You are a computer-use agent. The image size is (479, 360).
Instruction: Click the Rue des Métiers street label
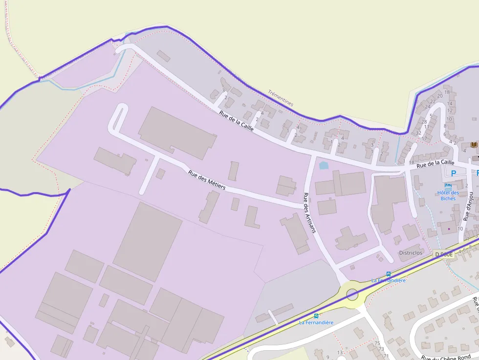[x=207, y=180]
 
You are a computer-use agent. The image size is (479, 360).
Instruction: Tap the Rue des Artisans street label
[x=309, y=212]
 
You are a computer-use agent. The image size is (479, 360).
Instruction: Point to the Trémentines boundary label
[x=281, y=98]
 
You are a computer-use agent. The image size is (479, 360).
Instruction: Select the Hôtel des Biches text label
[x=448, y=195]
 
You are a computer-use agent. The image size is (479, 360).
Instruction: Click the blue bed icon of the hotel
[x=448, y=186]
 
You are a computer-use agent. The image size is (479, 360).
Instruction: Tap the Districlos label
[x=411, y=253]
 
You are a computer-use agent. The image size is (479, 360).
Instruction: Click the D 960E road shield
[x=444, y=254]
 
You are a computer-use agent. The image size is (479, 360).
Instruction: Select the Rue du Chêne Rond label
[x=446, y=358]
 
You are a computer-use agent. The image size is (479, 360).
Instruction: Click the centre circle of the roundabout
[x=352, y=294]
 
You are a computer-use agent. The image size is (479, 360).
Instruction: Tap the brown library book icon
[x=474, y=145]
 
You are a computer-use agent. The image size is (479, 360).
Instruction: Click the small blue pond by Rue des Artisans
[x=324, y=166]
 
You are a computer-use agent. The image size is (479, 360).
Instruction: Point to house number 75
[x=376, y=343]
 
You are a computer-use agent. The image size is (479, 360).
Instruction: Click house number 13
[x=340, y=352]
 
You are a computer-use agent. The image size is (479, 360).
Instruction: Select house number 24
[x=428, y=106]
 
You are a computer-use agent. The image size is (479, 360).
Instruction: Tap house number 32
[x=418, y=133]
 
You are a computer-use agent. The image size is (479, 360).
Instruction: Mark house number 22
[x=433, y=101]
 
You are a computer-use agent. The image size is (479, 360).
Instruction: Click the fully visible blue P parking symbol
[x=453, y=173]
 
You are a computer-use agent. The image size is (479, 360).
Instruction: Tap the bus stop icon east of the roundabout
[x=388, y=274]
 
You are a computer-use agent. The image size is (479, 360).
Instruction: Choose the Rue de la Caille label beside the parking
[x=435, y=164]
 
